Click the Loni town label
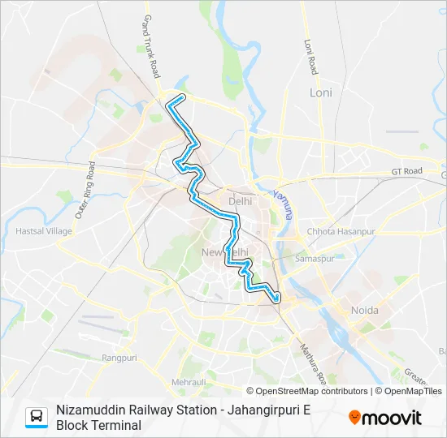321,92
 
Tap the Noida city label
364,311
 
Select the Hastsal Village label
44,231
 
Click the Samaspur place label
315,259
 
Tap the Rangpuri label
119,358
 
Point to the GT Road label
407,171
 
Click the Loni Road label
309,57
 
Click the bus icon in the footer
37,417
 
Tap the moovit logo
385,418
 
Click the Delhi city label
241,200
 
